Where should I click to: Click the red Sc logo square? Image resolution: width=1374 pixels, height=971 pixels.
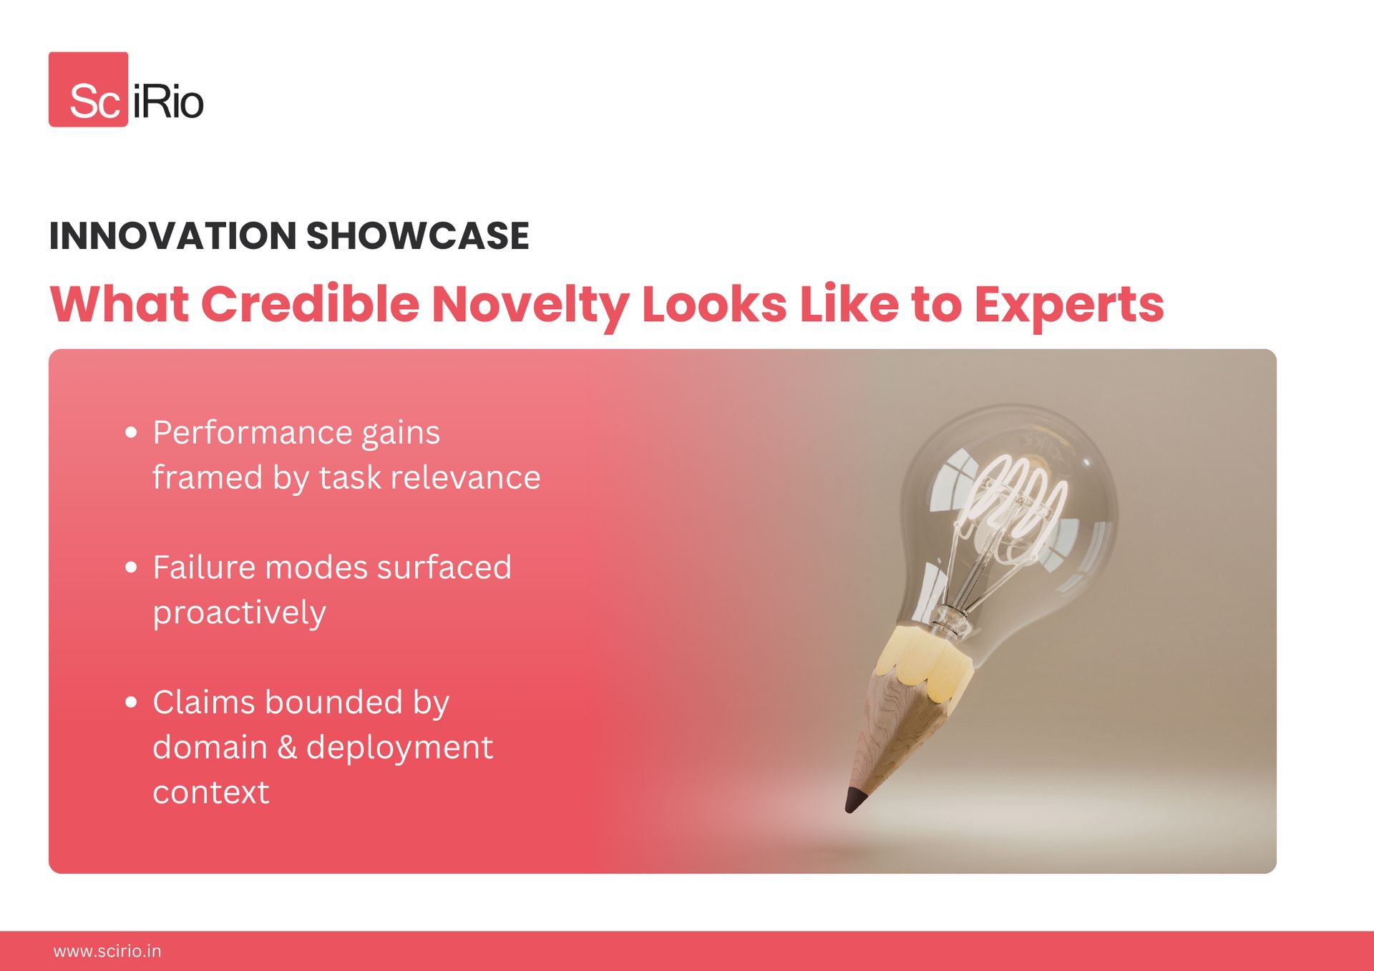[88, 89]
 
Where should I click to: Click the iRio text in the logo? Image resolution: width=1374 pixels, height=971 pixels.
[168, 102]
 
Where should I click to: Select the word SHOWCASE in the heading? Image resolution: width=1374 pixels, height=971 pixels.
[418, 236]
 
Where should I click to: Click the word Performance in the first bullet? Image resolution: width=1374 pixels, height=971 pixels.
[253, 432]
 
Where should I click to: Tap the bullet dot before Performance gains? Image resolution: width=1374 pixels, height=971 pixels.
[131, 432]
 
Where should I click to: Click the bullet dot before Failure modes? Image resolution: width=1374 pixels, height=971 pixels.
[131, 567]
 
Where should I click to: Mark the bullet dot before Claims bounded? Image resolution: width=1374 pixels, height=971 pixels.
[131, 702]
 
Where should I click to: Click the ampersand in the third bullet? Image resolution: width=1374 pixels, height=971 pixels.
[287, 747]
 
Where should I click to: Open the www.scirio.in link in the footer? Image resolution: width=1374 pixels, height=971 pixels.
[107, 951]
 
